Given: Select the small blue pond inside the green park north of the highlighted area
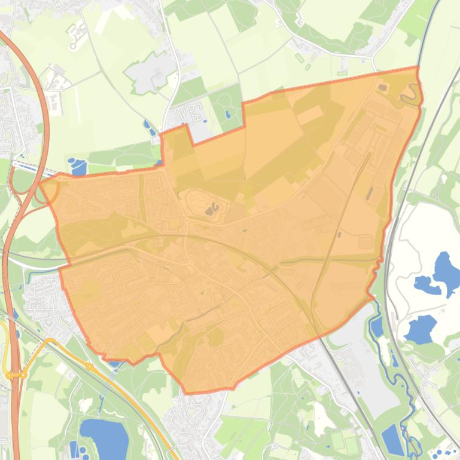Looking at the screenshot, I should (x=227, y=114).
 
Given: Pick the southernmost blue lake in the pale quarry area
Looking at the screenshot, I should (x=421, y=329).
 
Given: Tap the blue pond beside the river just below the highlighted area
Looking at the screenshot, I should (x=377, y=326).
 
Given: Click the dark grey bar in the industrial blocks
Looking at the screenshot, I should (x=370, y=194).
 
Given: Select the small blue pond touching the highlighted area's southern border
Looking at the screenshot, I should (x=114, y=363).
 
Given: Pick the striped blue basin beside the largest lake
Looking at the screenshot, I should (x=74, y=449).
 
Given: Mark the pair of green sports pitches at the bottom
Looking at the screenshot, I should (x=344, y=443).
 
